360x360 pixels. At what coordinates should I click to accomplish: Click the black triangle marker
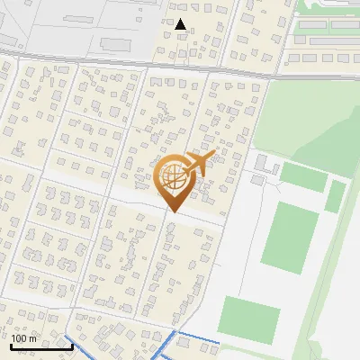pyautogui.click(x=181, y=24)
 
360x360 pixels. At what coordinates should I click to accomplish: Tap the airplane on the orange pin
pyautogui.click(x=200, y=163)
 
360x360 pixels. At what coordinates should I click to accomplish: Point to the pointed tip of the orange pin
pyautogui.click(x=173, y=212)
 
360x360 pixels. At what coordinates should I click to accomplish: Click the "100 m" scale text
pyautogui.click(x=24, y=338)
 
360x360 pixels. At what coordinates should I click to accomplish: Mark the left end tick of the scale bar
pyautogui.click(x=11, y=346)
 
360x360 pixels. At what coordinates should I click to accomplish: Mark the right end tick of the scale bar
pyautogui.click(x=71, y=346)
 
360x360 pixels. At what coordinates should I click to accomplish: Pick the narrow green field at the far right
pyautogui.click(x=335, y=195)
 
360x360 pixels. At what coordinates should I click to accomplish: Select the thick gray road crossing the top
pyautogui.click(x=135, y=63)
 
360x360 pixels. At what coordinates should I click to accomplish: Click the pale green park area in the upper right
pyautogui.click(x=306, y=117)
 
